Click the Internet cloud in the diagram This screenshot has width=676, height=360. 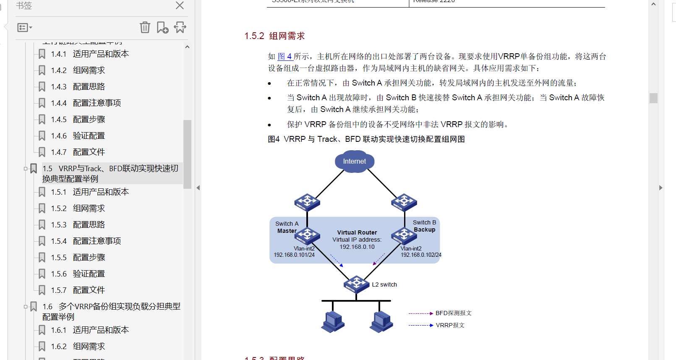click(355, 162)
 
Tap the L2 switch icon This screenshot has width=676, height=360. click(356, 284)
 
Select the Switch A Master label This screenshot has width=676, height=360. click(287, 227)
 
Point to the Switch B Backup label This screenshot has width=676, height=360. click(424, 226)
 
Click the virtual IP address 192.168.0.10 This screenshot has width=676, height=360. click(357, 247)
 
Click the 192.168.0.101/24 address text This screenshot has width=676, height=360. click(294, 255)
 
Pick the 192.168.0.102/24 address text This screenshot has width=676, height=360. click(421, 255)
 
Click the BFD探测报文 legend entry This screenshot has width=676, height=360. click(453, 313)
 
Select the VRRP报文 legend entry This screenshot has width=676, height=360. click(450, 325)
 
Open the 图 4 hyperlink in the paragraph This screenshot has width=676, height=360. click(285, 56)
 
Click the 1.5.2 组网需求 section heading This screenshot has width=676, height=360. click(274, 36)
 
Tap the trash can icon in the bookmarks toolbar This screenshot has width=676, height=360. click(145, 27)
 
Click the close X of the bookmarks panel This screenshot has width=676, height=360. click(180, 5)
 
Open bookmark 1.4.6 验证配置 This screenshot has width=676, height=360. click(89, 136)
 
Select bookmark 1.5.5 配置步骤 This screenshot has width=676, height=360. click(89, 258)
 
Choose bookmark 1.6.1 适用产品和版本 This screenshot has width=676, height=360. click(100, 330)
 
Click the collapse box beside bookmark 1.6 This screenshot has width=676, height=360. click(26, 307)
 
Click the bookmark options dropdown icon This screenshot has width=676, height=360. click(24, 28)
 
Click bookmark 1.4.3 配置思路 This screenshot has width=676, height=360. click(89, 87)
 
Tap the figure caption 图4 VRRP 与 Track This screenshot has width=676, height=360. click(366, 139)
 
